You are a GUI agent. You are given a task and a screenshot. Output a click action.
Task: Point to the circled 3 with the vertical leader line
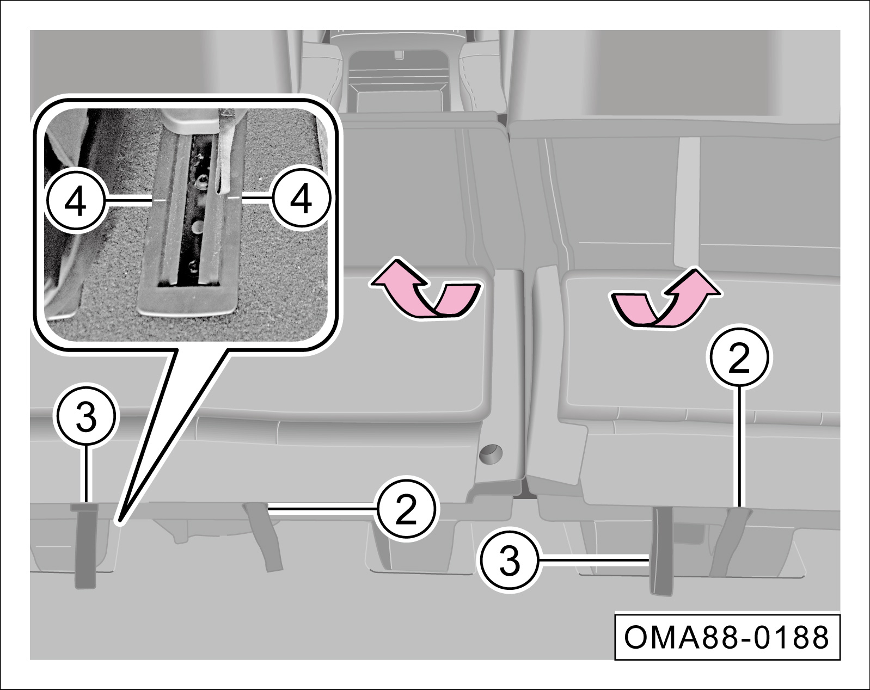[x=86, y=416]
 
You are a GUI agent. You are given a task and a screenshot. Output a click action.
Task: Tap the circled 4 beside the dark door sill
[x=75, y=200]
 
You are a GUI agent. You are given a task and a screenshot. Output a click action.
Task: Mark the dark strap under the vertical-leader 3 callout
[x=85, y=546]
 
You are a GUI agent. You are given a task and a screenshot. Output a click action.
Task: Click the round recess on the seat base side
[x=491, y=453]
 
